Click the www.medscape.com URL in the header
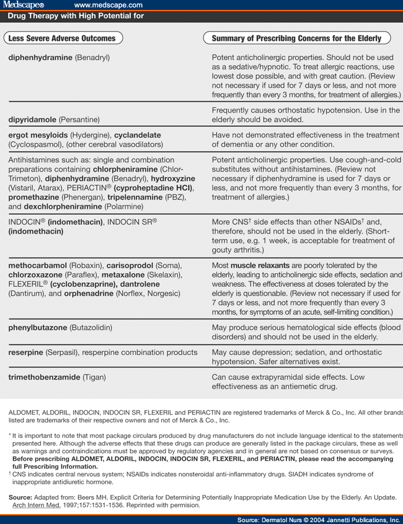point(109,5)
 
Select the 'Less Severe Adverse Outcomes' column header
point(62,38)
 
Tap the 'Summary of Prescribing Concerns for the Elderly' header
point(296,38)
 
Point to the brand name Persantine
point(79,119)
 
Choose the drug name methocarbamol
point(37,266)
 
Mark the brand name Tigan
point(93,377)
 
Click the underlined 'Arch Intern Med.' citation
point(38,505)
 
